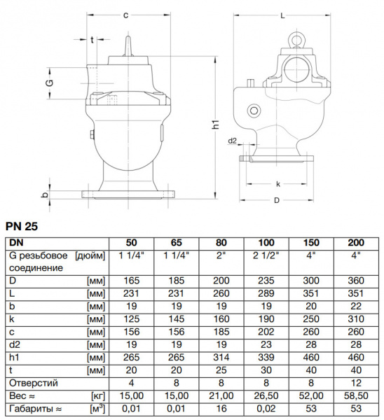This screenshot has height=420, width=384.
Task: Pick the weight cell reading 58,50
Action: tap(359, 395)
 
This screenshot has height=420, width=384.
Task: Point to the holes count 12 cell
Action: tap(359, 383)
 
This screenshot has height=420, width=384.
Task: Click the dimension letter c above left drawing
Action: tap(125, 14)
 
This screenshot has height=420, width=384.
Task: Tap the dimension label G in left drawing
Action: tap(49, 83)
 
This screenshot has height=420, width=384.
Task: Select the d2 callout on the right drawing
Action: tap(232, 141)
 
